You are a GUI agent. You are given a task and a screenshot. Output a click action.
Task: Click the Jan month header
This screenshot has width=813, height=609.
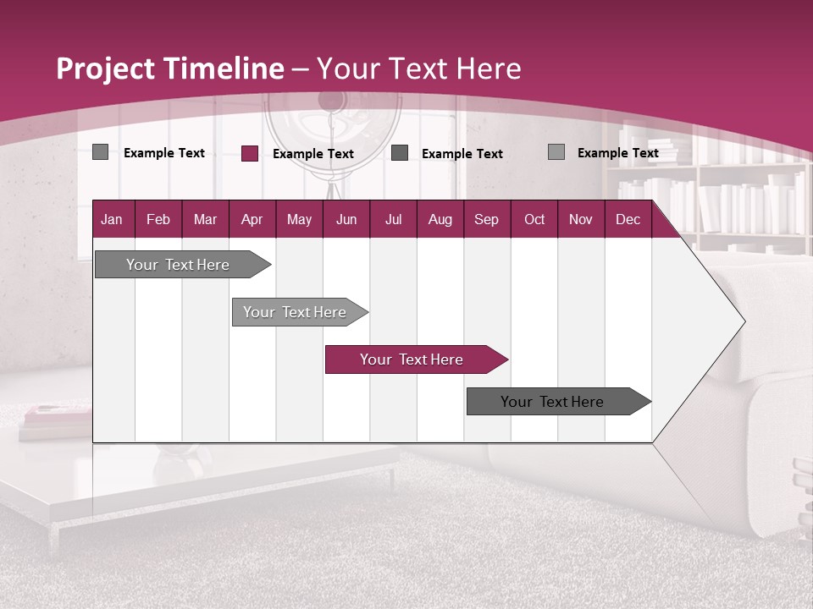coord(113,219)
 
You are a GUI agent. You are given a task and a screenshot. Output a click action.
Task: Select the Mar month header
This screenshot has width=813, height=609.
coord(205,219)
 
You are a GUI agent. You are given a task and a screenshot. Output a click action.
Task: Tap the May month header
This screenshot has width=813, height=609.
coord(299,219)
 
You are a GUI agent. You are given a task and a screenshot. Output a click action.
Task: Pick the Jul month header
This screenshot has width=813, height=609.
coord(393,219)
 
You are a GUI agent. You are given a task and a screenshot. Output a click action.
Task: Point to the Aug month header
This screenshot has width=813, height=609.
coord(440,219)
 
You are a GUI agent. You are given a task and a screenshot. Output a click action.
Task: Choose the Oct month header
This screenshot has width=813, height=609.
coord(534,219)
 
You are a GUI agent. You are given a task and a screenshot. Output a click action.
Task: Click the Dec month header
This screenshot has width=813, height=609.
coord(628,219)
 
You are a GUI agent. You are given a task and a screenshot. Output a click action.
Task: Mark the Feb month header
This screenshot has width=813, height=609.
coord(158,219)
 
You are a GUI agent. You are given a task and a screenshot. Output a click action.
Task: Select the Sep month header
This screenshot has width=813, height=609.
coord(487,219)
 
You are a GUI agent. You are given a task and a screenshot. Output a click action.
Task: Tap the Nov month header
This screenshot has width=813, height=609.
coord(581,219)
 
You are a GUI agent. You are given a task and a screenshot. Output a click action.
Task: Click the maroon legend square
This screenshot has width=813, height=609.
coord(250,153)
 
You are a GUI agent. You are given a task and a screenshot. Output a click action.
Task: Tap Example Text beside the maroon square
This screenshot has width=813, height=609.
coord(312,154)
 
